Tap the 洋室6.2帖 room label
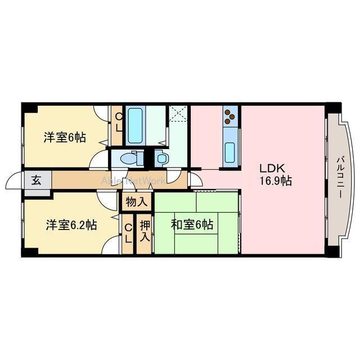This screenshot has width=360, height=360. tap(71, 225)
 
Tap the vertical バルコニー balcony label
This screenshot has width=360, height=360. tap(340, 177)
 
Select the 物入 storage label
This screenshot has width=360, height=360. tap(137, 201)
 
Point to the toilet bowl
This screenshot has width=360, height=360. tap(129, 159)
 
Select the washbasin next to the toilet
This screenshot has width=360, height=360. tap(161, 159)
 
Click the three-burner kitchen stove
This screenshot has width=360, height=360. tap(230, 116)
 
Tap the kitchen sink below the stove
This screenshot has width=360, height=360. tap(230, 151)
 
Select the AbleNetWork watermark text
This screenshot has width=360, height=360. tap(133, 181)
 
